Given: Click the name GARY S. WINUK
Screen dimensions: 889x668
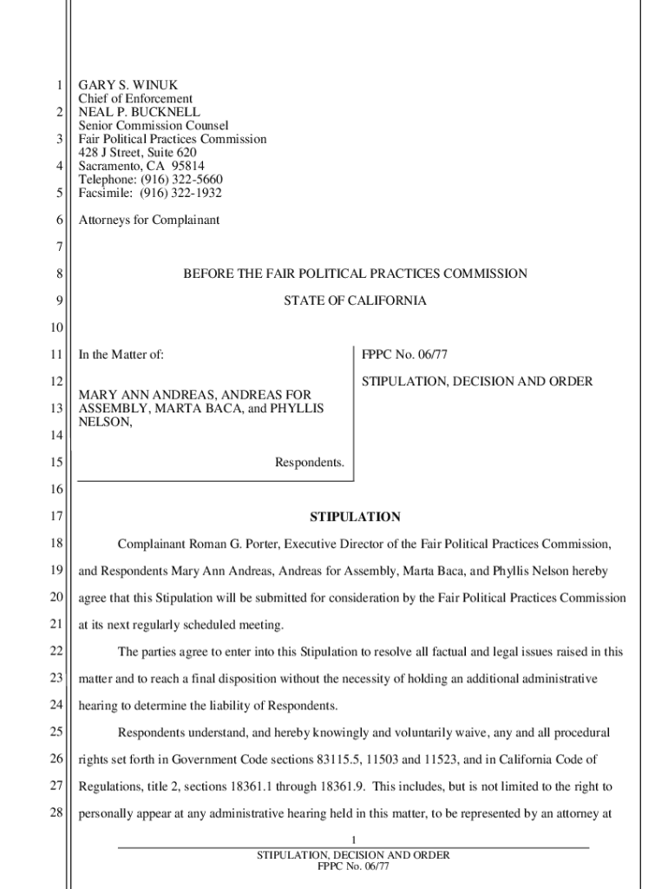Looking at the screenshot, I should tap(128, 86).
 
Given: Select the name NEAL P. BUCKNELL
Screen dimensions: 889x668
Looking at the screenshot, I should tap(139, 112).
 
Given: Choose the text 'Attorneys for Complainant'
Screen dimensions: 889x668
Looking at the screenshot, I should tap(149, 221).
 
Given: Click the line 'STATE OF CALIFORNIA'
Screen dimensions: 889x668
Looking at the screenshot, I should tap(355, 300).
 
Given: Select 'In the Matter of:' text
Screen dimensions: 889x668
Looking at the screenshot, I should tap(121, 354).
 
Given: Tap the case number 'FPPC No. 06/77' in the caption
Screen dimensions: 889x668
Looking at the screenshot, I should tap(404, 354).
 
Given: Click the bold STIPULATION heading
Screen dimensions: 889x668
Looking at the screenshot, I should tap(355, 517).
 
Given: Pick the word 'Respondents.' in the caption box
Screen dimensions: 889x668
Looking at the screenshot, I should tap(310, 463).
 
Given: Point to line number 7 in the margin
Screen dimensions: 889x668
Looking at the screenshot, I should tap(59, 247).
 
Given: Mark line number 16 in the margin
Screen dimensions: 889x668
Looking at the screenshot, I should tap(56, 490).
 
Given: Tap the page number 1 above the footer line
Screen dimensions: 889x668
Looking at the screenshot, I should tap(354, 840).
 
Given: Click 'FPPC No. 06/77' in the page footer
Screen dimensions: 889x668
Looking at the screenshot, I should tap(353, 866).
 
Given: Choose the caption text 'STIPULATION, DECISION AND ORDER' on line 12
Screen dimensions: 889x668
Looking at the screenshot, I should tap(477, 381).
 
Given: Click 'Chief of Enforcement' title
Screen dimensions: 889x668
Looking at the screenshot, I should tap(135, 99).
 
